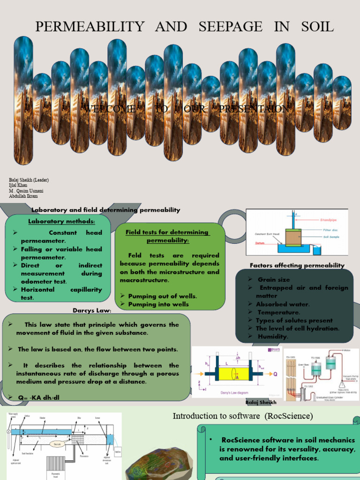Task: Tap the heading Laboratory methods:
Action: tap(61, 221)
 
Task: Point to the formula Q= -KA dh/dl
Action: tap(39, 398)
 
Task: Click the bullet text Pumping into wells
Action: tap(158, 304)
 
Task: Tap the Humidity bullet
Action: tap(272, 336)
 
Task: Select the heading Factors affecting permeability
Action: tap(297, 265)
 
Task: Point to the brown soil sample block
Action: tap(293, 237)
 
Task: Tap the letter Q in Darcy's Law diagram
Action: tap(276, 374)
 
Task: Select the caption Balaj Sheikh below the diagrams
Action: tap(261, 402)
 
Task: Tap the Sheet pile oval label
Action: tap(59, 444)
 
